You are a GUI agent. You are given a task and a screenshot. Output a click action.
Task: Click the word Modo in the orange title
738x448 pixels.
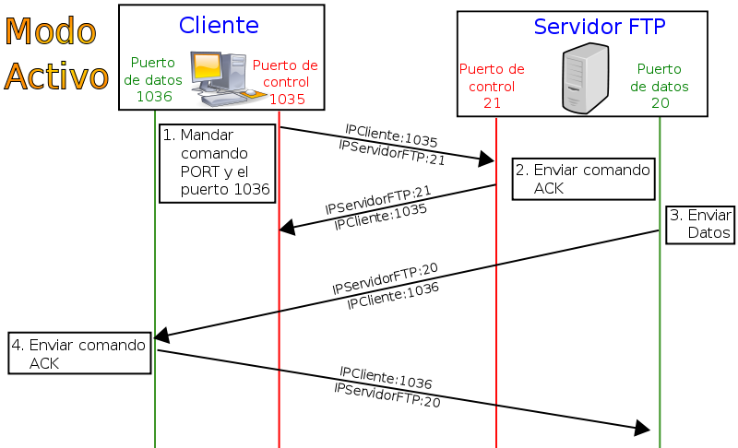coord(51,32)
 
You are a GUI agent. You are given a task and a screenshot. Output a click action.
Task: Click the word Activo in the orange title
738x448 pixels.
coord(57,77)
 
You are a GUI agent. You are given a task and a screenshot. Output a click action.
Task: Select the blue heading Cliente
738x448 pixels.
coord(219,25)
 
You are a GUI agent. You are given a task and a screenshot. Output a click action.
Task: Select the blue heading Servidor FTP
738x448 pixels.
coord(599,28)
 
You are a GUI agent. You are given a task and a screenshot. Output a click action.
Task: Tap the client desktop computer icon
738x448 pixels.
coord(220,74)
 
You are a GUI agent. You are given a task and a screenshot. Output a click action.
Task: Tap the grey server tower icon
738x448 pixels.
coord(585,78)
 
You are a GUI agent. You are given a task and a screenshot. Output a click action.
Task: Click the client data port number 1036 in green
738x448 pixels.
coord(154,96)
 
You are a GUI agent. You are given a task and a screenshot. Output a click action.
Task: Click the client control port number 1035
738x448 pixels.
coord(287,99)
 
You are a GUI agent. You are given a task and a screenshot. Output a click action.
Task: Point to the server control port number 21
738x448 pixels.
coord(492,102)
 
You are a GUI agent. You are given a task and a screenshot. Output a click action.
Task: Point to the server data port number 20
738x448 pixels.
coord(660,102)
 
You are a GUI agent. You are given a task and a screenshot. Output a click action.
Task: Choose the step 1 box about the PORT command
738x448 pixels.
coord(217,162)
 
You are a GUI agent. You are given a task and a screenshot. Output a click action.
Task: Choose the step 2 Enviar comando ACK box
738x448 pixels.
coord(583,179)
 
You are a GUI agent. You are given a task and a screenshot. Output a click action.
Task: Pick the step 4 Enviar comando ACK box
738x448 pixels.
coord(79,354)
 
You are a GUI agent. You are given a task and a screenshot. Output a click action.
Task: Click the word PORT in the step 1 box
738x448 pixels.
coord(201,171)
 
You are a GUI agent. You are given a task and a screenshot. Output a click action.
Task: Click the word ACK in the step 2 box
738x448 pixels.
coord(549,188)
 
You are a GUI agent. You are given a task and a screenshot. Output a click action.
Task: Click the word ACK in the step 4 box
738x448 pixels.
coord(44,363)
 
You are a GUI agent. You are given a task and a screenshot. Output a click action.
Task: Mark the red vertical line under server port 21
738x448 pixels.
coord(496,313)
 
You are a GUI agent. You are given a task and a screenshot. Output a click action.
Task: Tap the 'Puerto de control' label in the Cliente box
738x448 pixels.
coord(285,74)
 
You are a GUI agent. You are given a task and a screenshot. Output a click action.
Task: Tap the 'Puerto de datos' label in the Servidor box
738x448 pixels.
coord(660,77)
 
